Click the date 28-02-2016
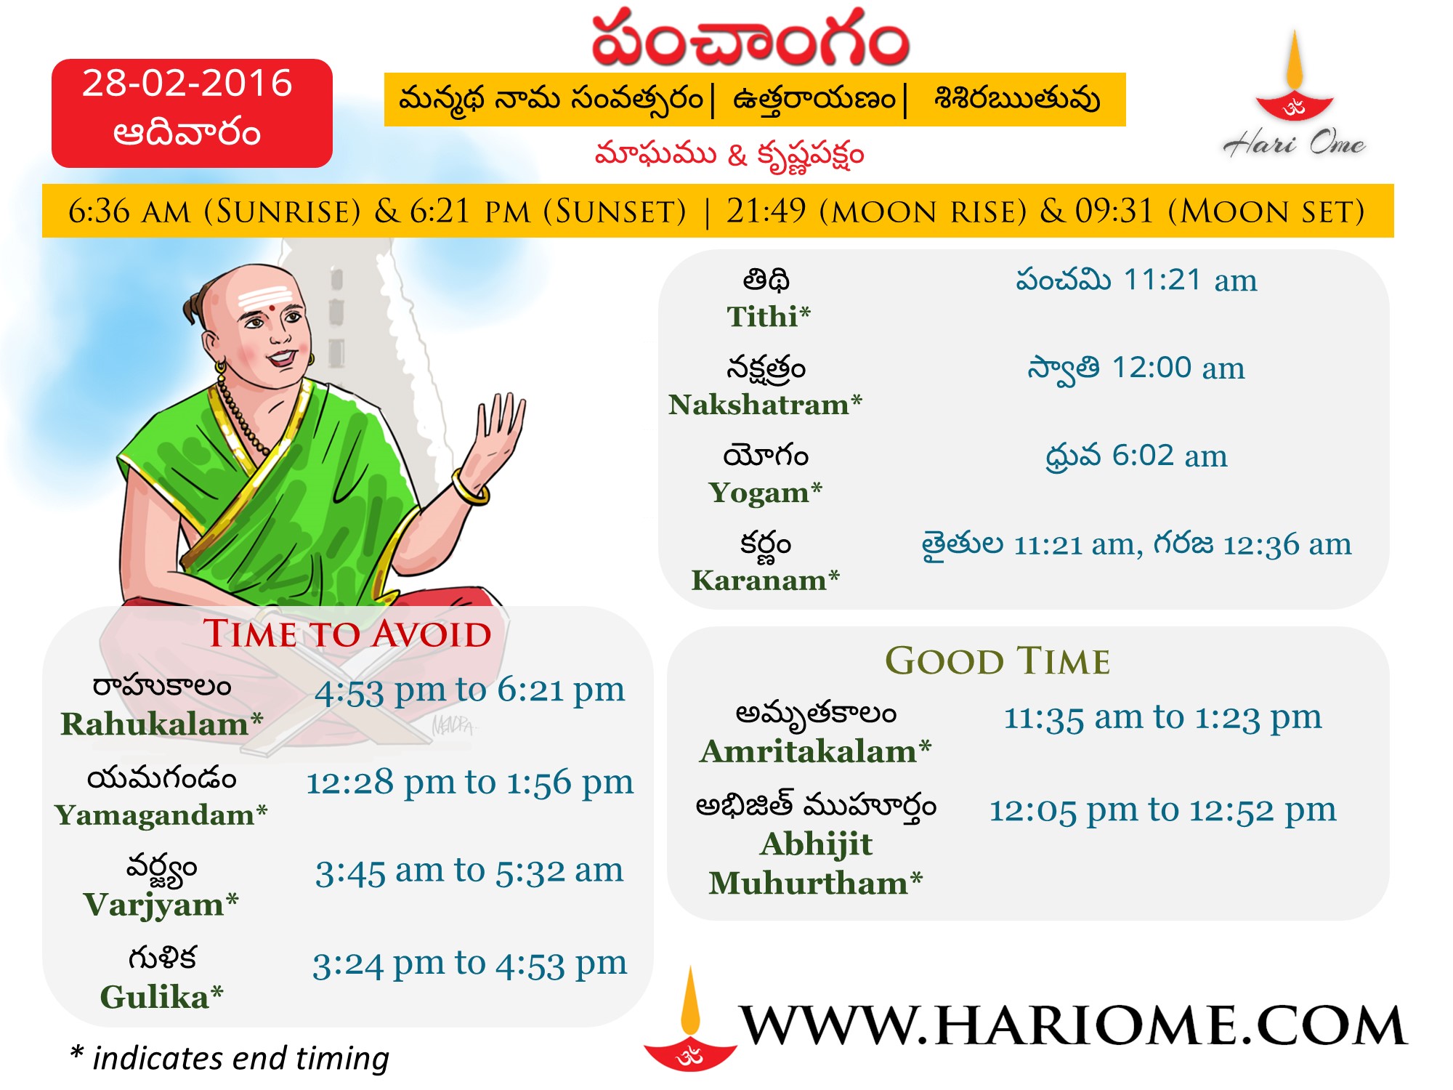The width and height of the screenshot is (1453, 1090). [x=187, y=83]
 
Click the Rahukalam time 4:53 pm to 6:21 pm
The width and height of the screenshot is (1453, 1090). [x=469, y=690]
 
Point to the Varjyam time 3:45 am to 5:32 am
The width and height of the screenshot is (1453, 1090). [x=469, y=871]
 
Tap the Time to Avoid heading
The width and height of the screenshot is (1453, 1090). [x=347, y=634]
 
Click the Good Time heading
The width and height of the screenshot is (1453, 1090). [x=997, y=661]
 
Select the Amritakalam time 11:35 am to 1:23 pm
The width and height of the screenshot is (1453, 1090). [x=1162, y=718]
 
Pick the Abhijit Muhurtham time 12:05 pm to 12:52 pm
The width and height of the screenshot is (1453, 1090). [x=1162, y=810]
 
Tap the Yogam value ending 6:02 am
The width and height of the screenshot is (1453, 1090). [x=1136, y=456]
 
